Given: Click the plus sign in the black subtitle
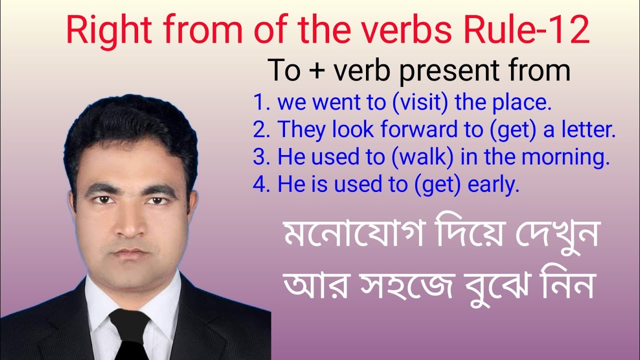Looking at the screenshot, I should point(315,71).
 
